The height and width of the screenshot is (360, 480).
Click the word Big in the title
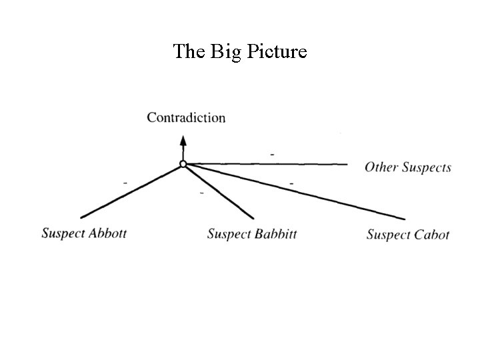[225, 52]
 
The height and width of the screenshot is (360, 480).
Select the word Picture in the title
[275, 52]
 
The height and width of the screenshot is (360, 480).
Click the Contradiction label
[186, 118]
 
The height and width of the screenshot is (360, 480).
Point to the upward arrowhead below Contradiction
[183, 140]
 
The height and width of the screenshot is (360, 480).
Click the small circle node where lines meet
[183, 164]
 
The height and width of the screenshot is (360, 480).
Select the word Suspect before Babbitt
[227, 234]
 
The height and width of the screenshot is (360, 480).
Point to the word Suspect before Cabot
[389, 235]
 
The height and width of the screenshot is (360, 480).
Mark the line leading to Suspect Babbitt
[219, 191]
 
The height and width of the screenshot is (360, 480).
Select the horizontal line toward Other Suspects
[267, 164]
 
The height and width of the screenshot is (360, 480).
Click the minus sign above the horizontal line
[272, 155]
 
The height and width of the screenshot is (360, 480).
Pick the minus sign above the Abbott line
[125, 181]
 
